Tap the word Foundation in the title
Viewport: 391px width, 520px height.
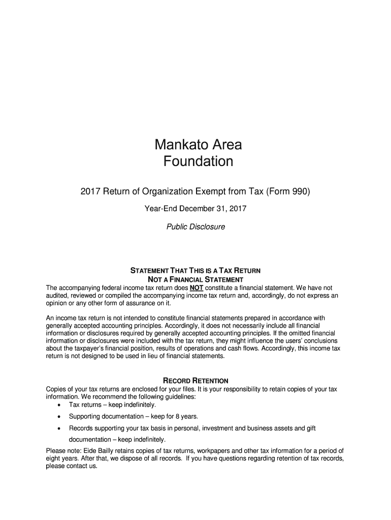click(x=198, y=162)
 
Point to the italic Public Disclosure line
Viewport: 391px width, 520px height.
click(x=195, y=227)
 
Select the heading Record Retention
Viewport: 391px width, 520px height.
click(x=195, y=381)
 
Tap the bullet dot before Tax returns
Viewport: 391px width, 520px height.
click(x=60, y=406)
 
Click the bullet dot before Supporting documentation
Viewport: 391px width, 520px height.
click(x=60, y=417)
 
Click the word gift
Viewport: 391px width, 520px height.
click(x=310, y=429)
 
